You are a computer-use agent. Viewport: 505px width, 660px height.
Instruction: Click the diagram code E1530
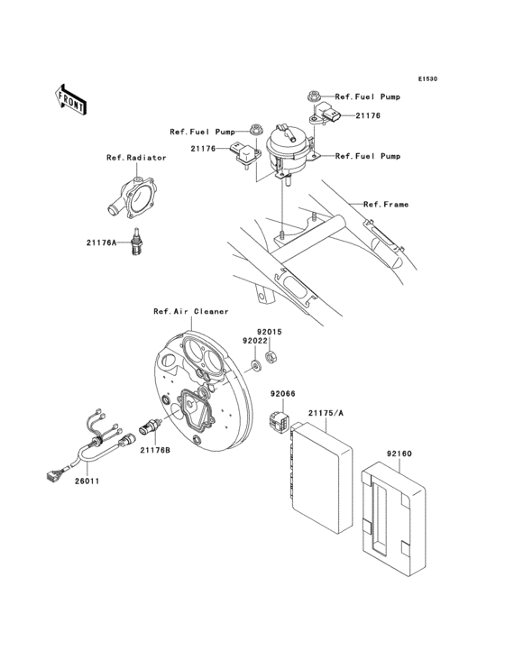click(427, 79)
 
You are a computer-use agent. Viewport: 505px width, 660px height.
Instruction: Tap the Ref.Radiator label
click(136, 158)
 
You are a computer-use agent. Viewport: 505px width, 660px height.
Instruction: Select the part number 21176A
click(101, 242)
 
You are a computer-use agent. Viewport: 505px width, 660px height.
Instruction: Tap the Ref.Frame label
click(386, 205)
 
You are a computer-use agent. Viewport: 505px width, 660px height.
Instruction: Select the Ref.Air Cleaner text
click(190, 311)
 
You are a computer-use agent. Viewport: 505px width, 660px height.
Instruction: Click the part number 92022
click(255, 341)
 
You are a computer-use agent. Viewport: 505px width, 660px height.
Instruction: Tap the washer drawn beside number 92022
click(255, 364)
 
